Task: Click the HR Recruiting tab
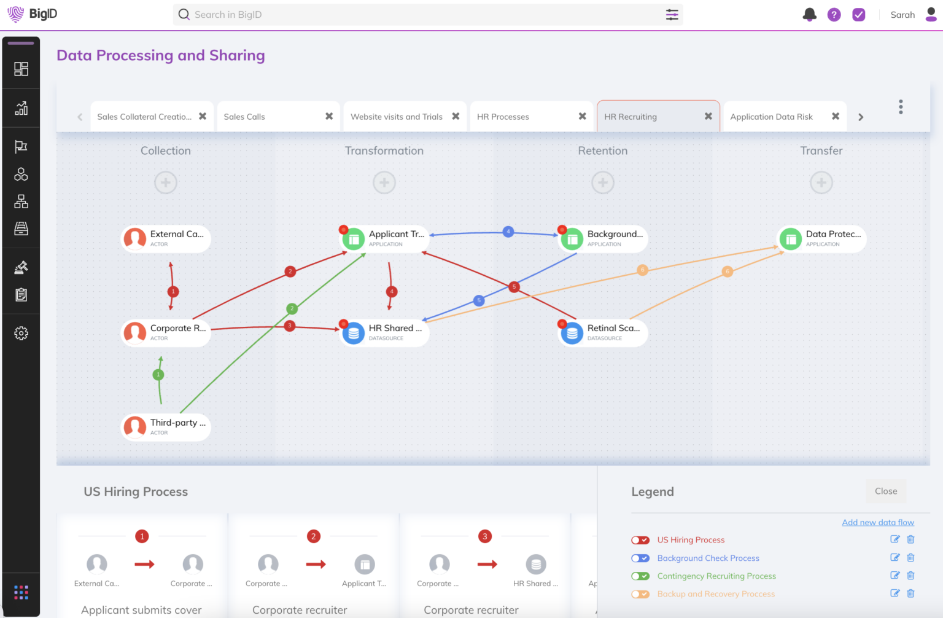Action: click(631, 117)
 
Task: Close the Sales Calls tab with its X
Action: click(329, 116)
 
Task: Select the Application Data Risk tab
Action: click(771, 117)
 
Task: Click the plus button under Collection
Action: click(166, 182)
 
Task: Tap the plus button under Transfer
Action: click(821, 182)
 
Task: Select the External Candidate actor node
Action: click(166, 238)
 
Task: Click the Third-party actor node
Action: click(166, 427)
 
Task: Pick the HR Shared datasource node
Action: click(385, 332)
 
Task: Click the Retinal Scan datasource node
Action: click(603, 332)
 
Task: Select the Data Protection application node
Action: click(822, 238)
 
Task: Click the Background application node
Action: click(603, 238)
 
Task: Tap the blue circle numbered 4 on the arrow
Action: click(508, 232)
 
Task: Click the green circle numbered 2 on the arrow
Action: click(292, 308)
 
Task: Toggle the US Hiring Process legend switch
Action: click(640, 540)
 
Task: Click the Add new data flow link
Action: click(878, 522)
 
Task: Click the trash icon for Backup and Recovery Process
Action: click(910, 593)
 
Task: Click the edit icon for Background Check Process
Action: click(894, 558)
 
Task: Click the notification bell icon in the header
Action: click(810, 15)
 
